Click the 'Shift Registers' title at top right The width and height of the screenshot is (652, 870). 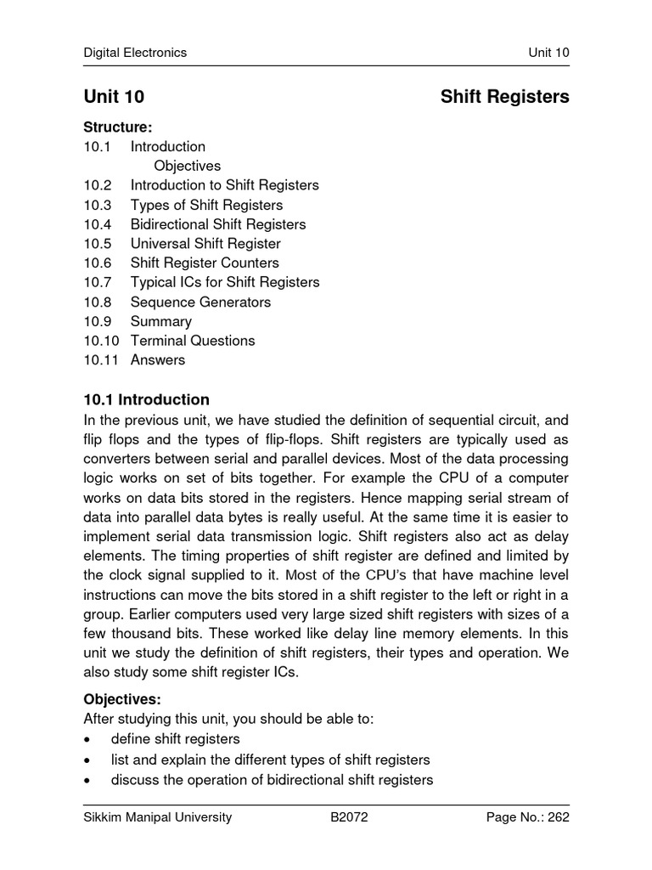504,97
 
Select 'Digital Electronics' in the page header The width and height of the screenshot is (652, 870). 135,53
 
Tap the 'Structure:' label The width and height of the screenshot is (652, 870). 117,127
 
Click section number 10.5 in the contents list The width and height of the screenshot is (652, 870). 98,244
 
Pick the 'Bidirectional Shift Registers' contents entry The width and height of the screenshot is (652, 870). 218,224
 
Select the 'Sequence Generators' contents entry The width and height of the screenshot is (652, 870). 200,302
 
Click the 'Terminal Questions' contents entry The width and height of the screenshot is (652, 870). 193,341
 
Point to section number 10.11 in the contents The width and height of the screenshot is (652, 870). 101,360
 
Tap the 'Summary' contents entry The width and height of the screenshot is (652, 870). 161,321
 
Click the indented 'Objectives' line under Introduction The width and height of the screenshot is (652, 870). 187,166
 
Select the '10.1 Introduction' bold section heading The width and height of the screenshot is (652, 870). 146,399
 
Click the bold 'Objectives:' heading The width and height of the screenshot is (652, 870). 121,699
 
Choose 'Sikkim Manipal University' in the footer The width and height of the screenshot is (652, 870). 157,818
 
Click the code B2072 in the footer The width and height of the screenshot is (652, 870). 349,818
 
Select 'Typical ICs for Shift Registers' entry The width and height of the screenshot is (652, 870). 225,282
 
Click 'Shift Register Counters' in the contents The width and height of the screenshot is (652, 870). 205,263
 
